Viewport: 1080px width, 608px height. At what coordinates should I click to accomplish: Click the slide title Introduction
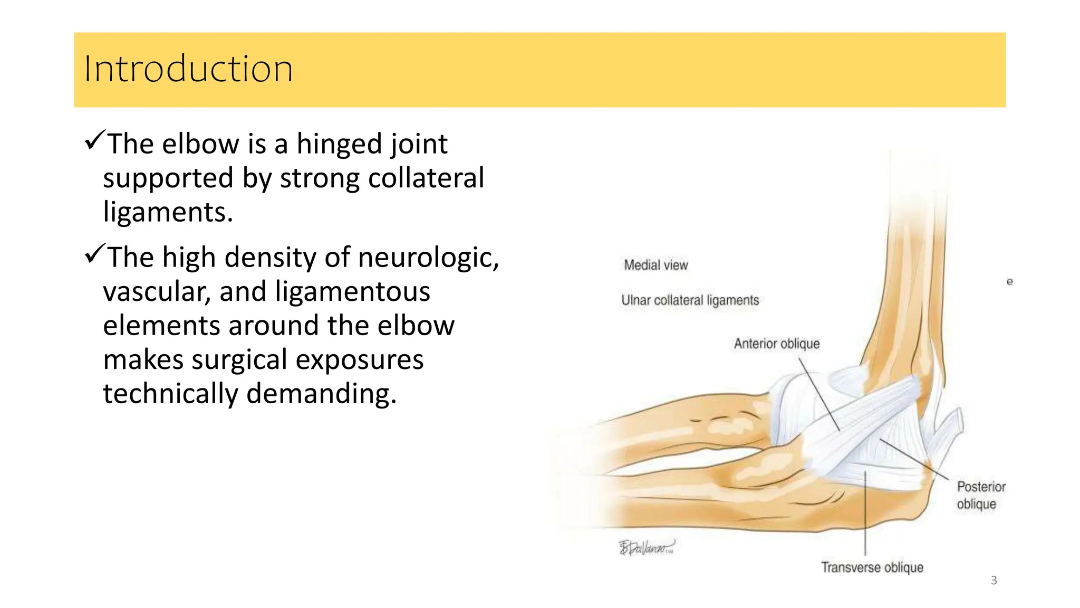coord(188,69)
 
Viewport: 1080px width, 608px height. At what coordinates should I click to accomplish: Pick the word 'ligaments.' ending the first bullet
coord(168,212)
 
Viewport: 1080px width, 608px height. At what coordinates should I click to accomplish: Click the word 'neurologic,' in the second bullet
coord(428,258)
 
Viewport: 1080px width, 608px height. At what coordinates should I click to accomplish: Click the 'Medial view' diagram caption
coord(655,265)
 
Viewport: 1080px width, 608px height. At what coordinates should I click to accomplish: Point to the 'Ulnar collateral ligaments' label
coord(690,300)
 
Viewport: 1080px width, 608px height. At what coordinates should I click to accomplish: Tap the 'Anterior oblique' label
coord(776,344)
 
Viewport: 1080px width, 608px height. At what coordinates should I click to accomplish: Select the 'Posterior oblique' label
coord(980,495)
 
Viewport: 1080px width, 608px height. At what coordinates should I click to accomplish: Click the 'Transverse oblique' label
coord(872,567)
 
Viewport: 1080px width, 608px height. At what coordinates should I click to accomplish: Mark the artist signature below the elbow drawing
coord(647,547)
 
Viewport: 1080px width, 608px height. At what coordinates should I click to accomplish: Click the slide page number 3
coord(994,581)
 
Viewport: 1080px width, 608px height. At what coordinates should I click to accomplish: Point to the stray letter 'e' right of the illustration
coord(1009,282)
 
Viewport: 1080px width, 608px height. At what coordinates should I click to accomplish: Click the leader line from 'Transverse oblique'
coord(865,517)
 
